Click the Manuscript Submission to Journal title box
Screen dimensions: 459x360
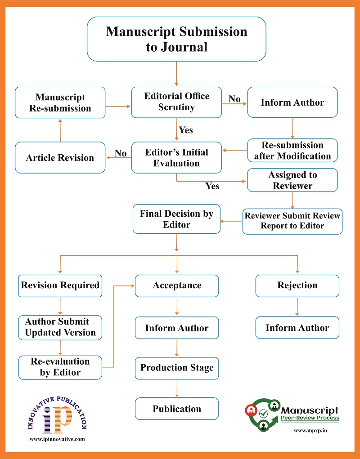[x=176, y=39]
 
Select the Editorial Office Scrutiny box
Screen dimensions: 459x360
[x=176, y=102]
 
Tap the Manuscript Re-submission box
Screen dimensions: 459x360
[x=60, y=102]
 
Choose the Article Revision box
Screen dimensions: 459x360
[x=60, y=157]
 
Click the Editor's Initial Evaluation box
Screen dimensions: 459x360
[x=176, y=157]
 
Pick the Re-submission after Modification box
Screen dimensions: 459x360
[x=292, y=151]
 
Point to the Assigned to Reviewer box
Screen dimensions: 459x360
[x=292, y=180]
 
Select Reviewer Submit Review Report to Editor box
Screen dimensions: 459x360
[x=292, y=221]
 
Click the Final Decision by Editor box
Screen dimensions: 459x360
[x=176, y=218]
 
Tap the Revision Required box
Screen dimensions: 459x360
[x=60, y=285]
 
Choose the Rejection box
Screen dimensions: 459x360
[x=297, y=285]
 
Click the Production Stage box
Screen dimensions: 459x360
[x=177, y=368]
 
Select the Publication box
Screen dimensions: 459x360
[x=177, y=409]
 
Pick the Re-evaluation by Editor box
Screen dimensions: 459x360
[x=60, y=367]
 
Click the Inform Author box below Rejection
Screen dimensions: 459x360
[x=297, y=328]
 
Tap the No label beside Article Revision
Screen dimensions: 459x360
[x=121, y=153]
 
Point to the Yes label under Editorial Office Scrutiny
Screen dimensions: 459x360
[x=185, y=130]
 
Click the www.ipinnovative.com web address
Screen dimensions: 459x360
[x=57, y=439]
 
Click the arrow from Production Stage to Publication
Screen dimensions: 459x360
[x=177, y=388]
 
